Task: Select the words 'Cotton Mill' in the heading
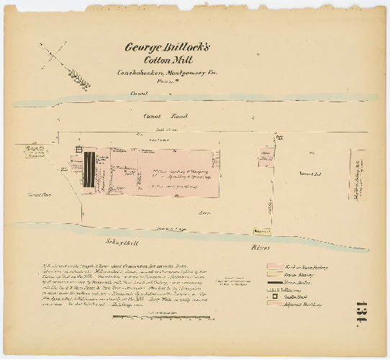tap(165, 61)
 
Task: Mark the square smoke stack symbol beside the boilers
tap(75, 151)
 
